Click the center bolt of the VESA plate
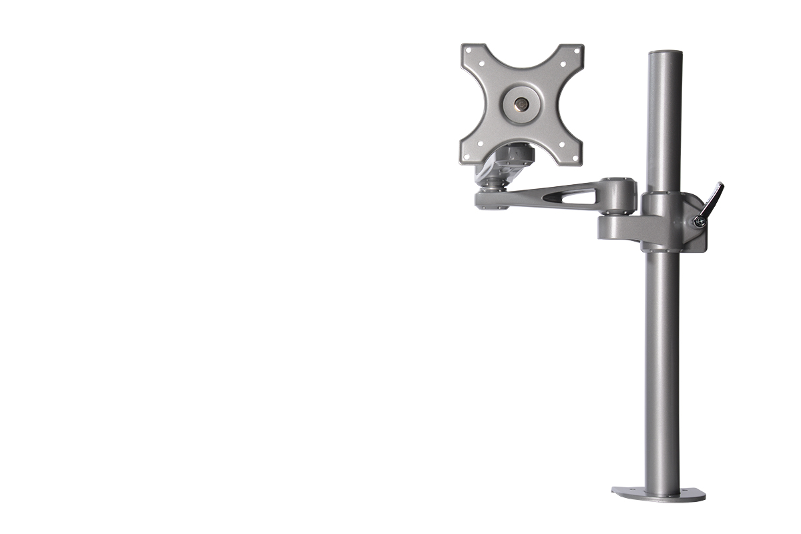[521, 104]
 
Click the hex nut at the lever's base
[698, 221]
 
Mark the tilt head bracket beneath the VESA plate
[510, 162]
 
